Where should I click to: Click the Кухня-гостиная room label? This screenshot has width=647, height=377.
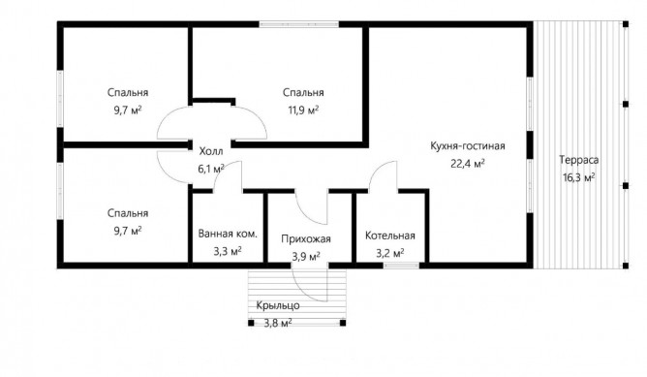click(x=468, y=146)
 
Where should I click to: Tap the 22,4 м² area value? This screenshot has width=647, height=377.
click(x=468, y=164)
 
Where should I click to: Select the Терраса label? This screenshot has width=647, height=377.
click(x=579, y=160)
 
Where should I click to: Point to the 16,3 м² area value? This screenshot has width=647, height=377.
click(x=579, y=177)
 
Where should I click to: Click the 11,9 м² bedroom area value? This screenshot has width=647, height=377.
click(x=303, y=110)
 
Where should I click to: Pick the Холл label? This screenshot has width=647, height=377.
click(x=211, y=151)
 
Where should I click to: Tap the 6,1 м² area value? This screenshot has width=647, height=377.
click(x=211, y=169)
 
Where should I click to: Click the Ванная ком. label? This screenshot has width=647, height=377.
click(x=228, y=234)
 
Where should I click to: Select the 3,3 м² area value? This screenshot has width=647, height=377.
click(x=228, y=251)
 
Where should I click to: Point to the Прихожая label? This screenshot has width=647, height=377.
click(x=306, y=239)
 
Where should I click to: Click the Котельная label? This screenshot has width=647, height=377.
click(x=390, y=236)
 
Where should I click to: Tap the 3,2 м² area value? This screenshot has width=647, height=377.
click(x=390, y=253)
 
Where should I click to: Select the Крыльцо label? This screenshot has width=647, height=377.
click(x=278, y=306)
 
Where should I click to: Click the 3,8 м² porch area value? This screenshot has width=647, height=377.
click(x=278, y=323)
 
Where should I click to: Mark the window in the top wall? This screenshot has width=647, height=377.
click(x=299, y=24)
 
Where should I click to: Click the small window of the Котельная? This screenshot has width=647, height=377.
click(x=402, y=266)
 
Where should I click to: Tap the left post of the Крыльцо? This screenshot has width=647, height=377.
click(x=251, y=323)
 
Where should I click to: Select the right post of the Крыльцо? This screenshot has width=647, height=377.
click(x=343, y=323)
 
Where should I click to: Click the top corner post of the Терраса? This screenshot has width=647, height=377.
click(x=626, y=24)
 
